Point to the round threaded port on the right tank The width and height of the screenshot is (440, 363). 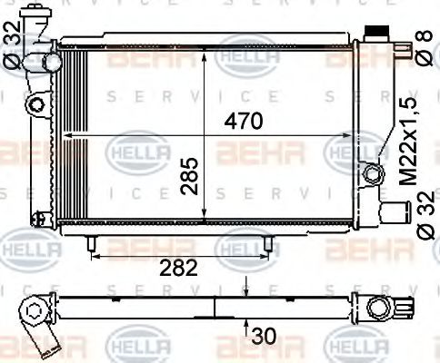tap(369, 172)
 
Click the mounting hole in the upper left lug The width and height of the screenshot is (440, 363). tap(36, 105)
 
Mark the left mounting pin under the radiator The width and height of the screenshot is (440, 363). tap(91, 244)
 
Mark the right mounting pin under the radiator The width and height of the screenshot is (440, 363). tap(270, 244)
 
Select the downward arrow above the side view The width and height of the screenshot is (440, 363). tap(246, 289)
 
